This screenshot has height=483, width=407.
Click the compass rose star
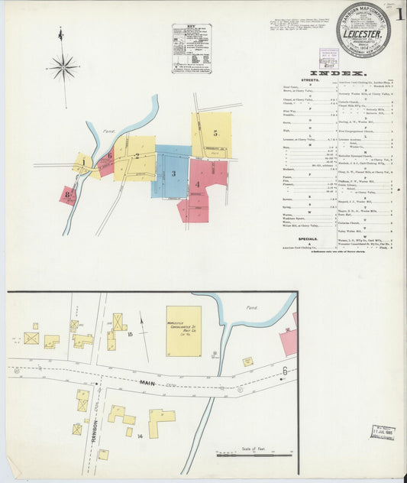click(63, 68)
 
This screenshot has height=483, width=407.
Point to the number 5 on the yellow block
click(215, 133)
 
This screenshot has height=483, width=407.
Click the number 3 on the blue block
click(173, 173)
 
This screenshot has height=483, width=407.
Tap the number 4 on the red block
click(197, 184)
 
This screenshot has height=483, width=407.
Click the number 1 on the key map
click(82, 161)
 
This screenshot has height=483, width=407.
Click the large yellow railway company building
click(184, 331)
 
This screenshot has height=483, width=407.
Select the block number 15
click(131, 334)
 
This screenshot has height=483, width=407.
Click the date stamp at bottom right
click(383, 432)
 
